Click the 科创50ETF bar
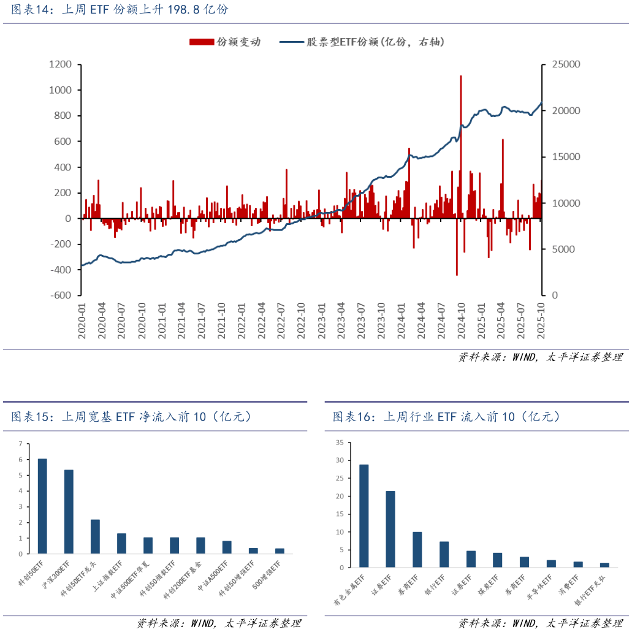pyautogui.click(x=42, y=506)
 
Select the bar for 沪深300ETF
pyautogui.click(x=69, y=512)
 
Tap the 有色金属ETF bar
pyautogui.click(x=364, y=516)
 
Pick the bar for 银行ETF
pyautogui.click(x=444, y=554)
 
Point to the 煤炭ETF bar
pyautogui.click(x=498, y=560)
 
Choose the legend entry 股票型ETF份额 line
pyautogui.click(x=362, y=42)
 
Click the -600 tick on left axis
pyautogui.click(x=62, y=295)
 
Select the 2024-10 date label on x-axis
pyautogui.click(x=461, y=319)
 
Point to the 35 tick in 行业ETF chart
pyautogui.click(x=339, y=442)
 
